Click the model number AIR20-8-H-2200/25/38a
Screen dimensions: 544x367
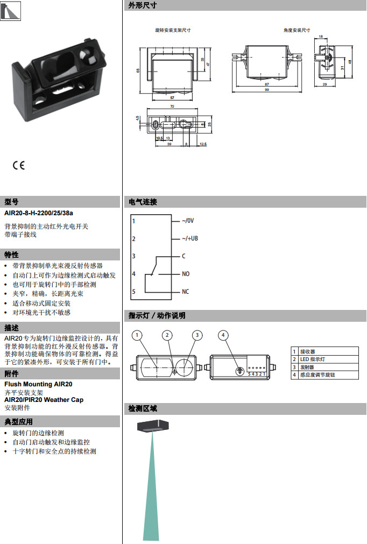pyautogui.click(x=38, y=214)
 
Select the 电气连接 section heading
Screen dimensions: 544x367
pyautogui.click(x=143, y=202)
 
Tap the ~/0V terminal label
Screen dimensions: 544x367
pyautogui.click(x=188, y=221)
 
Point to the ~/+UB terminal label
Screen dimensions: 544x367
pyautogui.click(x=189, y=238)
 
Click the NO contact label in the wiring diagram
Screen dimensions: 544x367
pyautogui.click(x=186, y=274)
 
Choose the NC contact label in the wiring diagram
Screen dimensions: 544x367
pyautogui.click(x=186, y=292)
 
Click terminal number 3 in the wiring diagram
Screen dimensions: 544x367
pyautogui.click(x=133, y=256)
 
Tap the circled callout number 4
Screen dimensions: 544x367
pyautogui.click(x=223, y=335)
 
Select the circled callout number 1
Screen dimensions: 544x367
pyautogui.click(x=138, y=335)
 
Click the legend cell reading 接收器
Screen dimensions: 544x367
pyautogui.click(x=308, y=351)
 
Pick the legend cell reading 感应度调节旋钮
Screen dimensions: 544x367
pyautogui.click(x=317, y=375)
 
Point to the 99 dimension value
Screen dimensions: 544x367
pyautogui.click(x=267, y=90)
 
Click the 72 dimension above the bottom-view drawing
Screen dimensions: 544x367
pyautogui.click(x=172, y=107)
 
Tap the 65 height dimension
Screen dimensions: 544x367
pyautogui.click(x=138, y=70)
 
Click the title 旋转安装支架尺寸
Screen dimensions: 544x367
pyautogui.click(x=172, y=30)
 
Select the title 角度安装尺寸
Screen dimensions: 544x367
pyautogui.click(x=297, y=30)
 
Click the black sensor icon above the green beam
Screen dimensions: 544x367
pyautogui.click(x=153, y=425)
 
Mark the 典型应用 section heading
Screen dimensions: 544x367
pyautogui.click(x=19, y=421)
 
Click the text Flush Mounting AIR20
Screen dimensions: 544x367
pyautogui.click(x=38, y=384)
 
